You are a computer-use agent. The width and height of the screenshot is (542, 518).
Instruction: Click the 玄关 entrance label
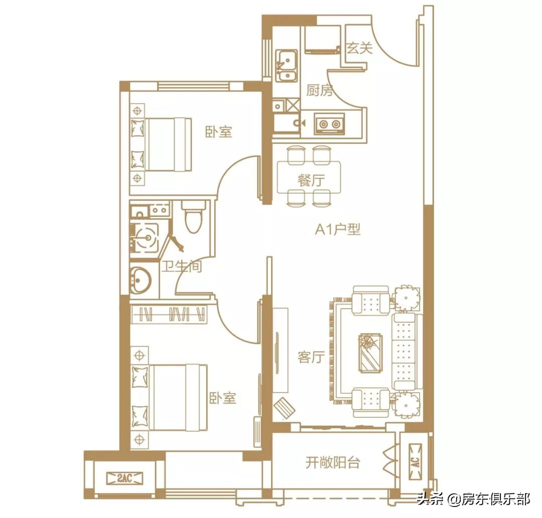359,49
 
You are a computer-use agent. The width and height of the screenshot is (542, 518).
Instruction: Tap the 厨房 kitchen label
320,91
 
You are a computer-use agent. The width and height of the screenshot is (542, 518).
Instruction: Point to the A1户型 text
338,230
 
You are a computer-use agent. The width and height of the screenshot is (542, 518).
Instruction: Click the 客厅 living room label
311,357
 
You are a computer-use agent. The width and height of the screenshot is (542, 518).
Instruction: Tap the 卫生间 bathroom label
181,267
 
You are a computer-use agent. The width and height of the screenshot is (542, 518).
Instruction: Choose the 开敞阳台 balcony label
333,462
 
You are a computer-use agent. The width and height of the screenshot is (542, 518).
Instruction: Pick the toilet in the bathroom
193,218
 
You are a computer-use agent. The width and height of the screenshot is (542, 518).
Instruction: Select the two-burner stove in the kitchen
329,123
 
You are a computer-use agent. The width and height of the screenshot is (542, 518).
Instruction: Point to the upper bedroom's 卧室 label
219,132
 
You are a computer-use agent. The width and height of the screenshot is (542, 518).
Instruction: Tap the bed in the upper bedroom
162,144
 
